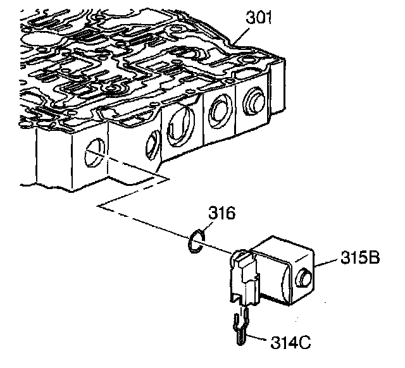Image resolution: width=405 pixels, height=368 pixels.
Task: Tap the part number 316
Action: point(222,212)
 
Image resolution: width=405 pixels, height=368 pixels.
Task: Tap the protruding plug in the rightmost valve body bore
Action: point(254,101)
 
